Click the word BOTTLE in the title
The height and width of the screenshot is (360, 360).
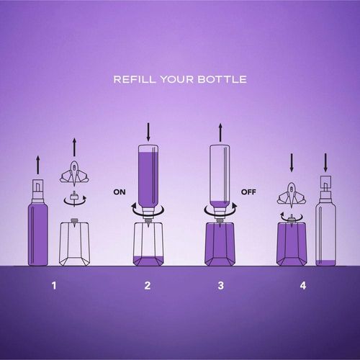coord(222,79)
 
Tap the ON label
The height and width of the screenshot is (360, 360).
coord(120,192)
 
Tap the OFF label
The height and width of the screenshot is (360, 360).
coord(248,192)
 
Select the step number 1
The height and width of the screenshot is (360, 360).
coord(54,286)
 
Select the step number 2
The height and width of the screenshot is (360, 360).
coord(148,286)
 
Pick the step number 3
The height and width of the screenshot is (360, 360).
coord(221,286)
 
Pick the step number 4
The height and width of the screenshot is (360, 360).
coord(303,286)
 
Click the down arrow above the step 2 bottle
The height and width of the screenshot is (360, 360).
coord(148,132)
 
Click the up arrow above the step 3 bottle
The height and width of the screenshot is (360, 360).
coord(220,132)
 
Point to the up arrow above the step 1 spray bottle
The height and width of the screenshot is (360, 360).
coord(37,165)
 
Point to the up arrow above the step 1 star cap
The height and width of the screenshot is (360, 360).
coord(74,148)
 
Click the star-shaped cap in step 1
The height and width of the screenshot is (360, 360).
coord(74,174)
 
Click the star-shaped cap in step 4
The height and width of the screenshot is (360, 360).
coord(292,194)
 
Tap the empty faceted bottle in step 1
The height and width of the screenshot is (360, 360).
coord(75,244)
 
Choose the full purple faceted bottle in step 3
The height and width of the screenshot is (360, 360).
coord(220,244)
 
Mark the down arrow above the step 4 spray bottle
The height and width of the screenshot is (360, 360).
coord(325,163)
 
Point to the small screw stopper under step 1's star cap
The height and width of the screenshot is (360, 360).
coord(74,198)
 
